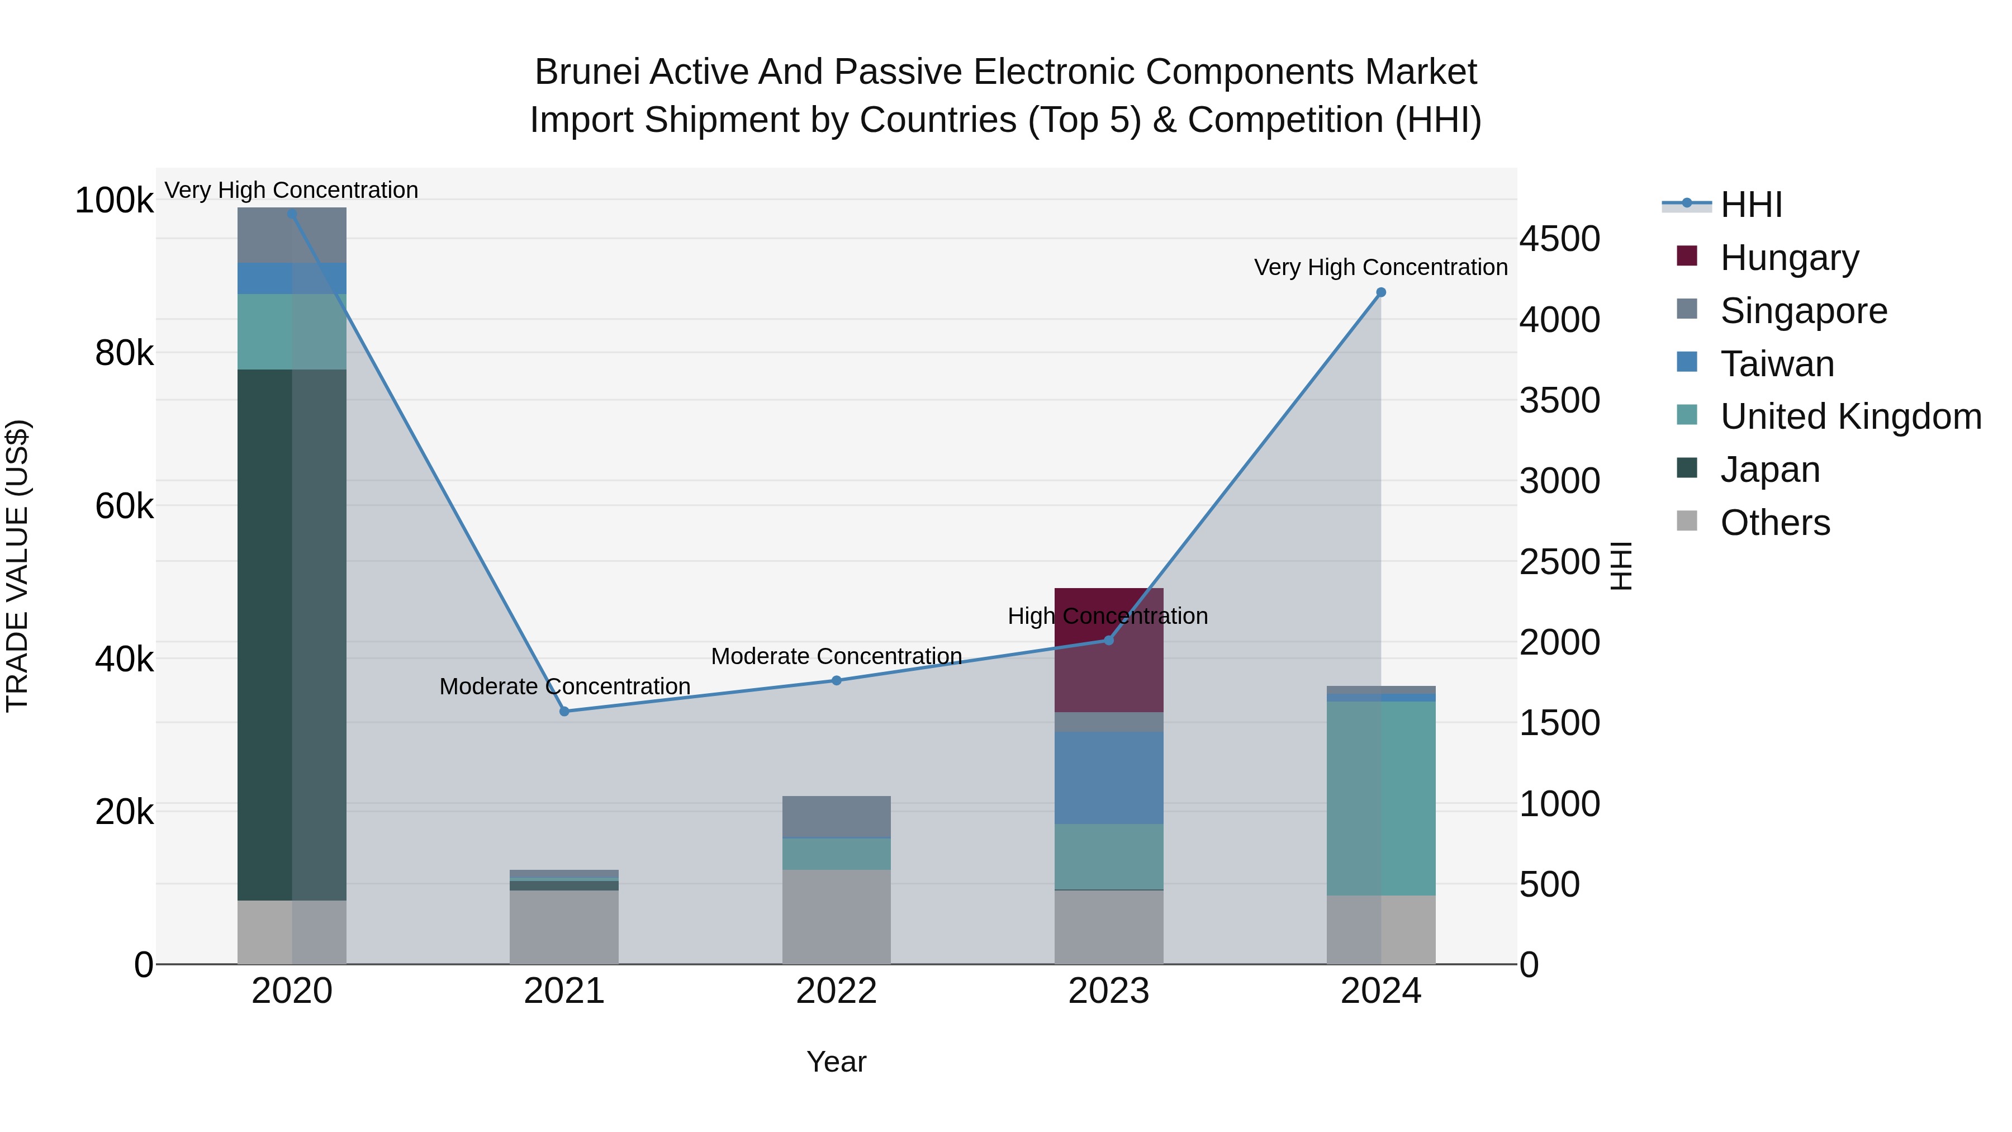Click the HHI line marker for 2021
click(x=564, y=711)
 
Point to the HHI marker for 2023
click(x=1108, y=641)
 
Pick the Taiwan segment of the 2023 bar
click(x=1108, y=778)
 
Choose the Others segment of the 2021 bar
click(x=564, y=926)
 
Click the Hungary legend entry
click(x=1788, y=257)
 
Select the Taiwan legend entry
click(x=1776, y=364)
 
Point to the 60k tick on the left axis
click(x=124, y=506)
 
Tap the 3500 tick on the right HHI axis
click(x=1559, y=400)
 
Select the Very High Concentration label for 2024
click(x=1380, y=267)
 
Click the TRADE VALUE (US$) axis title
click(x=17, y=566)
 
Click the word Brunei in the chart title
click(x=587, y=72)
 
